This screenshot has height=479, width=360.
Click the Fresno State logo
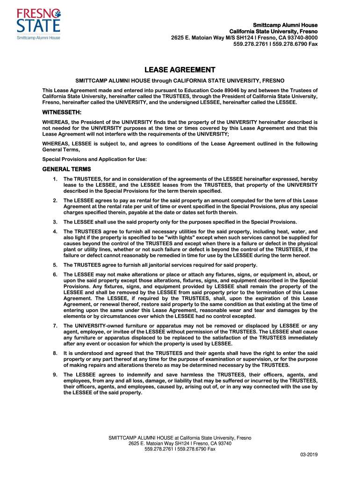[x=38, y=23]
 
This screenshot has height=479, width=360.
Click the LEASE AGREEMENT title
[x=180, y=70]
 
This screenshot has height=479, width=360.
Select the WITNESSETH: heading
[x=62, y=113]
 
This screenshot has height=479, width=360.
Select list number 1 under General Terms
[x=55, y=179]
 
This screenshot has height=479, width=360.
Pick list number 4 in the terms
[x=55, y=232]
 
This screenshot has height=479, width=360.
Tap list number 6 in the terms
[x=55, y=274]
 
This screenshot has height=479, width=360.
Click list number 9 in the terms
[x=55, y=375]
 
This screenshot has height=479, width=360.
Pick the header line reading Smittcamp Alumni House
[x=285, y=25]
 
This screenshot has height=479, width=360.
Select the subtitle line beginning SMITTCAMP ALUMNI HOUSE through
[x=180, y=81]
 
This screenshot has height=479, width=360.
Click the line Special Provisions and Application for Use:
[x=94, y=159]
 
